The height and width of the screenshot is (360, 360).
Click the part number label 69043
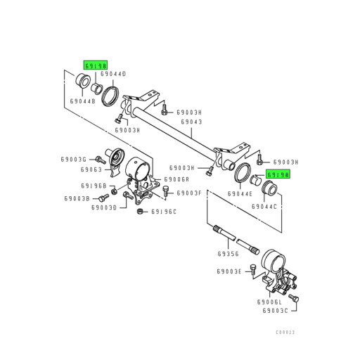click(193, 122)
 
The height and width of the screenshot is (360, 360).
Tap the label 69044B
click(82, 101)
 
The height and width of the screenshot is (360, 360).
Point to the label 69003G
click(76, 160)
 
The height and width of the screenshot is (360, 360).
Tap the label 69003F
click(189, 193)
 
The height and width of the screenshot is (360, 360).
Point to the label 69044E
click(241, 192)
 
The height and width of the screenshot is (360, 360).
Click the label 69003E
click(229, 271)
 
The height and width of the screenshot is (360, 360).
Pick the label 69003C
click(276, 310)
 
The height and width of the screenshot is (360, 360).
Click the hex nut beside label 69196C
click(140, 210)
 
